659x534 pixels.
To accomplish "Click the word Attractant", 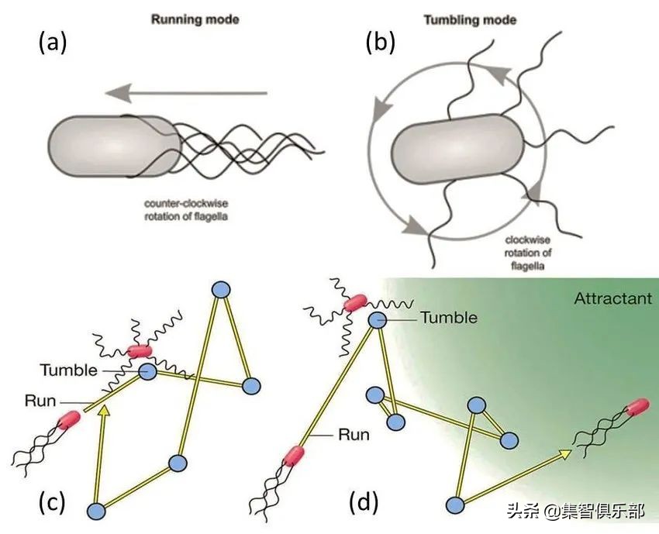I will click(x=613, y=298).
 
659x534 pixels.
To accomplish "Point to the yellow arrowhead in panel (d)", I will click(x=565, y=454).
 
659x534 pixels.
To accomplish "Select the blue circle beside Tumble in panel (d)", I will click(x=378, y=319).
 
